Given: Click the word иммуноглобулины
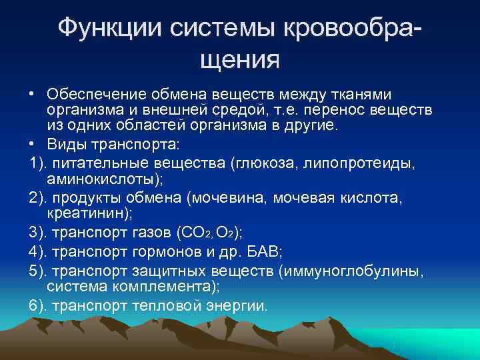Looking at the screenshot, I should tap(363, 271).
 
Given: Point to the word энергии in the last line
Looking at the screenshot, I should tap(237, 306).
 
